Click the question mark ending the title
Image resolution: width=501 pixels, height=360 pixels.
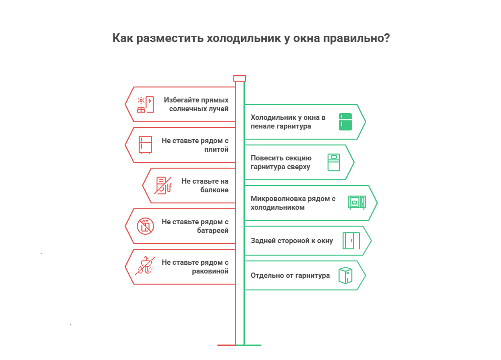[387, 38]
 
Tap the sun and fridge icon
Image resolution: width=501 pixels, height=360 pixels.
[145, 104]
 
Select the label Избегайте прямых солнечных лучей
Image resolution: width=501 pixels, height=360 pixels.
[196, 104]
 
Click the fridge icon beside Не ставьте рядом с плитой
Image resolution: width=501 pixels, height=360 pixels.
[145, 144]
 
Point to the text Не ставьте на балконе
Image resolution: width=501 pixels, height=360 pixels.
[205, 185]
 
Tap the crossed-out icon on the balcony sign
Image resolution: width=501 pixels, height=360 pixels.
[163, 185]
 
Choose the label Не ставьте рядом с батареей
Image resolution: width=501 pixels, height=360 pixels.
[195, 226]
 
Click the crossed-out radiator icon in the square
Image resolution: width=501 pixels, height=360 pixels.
[145, 226]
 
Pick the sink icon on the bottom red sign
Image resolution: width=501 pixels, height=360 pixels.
[145, 266]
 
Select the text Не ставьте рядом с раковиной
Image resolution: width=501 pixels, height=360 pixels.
[195, 266]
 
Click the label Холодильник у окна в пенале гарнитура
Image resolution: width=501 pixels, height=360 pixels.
[288, 121]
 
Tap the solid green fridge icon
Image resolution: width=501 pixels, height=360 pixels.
[345, 122]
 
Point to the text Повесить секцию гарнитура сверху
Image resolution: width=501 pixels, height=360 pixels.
[281, 162]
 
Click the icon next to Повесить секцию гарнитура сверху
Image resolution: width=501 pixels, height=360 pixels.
[334, 162]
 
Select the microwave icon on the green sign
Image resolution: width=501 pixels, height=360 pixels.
[357, 202]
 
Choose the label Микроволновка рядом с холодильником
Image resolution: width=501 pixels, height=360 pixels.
[293, 203]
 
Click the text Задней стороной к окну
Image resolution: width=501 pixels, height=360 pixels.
[292, 241]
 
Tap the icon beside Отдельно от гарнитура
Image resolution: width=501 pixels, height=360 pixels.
[345, 275]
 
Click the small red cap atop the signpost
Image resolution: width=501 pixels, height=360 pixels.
[240, 78]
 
